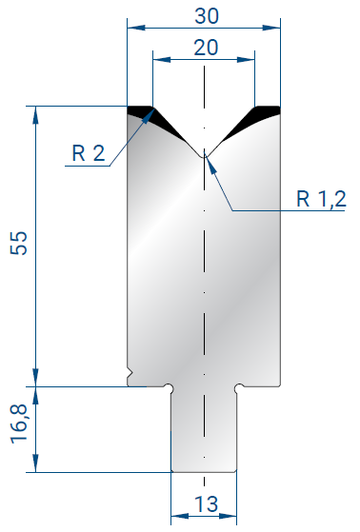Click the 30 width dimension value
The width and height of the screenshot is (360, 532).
coord(207,16)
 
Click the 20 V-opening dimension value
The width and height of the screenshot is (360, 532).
coord(206,48)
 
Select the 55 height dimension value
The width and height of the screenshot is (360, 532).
coord(19,243)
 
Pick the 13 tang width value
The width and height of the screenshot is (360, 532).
coord(207,504)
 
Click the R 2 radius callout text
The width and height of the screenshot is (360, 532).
coord(89,153)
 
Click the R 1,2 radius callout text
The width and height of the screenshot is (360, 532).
coord(321,199)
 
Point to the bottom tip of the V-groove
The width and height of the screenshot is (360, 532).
coord(204,157)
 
